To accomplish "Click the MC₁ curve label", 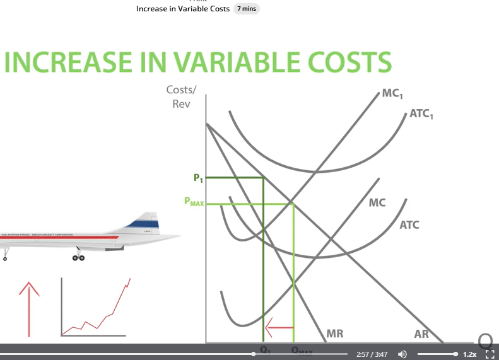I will pos(393,94).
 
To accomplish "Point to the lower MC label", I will pos(377,203).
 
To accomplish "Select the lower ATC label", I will pos(409,225).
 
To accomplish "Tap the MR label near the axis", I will pos(335,334).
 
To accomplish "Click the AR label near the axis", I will pos(421,334).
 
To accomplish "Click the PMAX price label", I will pos(194,202).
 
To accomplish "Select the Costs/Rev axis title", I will pos(180,96).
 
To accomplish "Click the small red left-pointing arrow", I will pos(278,327).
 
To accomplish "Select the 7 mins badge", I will pos(247,9).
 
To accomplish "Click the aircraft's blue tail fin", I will pos(144,221).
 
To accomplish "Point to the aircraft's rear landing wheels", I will pos(78,257).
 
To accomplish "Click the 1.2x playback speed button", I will pos(469,354).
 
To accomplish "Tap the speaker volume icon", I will pos(402,354).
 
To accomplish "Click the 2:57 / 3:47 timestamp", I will pos(372,354).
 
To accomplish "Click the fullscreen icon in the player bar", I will pos(488,354).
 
